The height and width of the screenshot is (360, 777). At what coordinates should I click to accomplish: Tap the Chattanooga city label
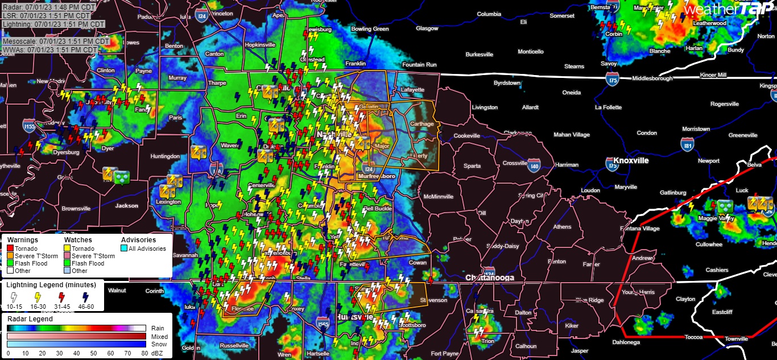coord(489,278)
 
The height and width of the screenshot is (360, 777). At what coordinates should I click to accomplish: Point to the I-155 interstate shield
coord(29,126)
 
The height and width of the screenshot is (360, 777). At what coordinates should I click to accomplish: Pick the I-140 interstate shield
coord(534,166)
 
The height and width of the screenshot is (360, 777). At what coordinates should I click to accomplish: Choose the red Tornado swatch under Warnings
coord(10,249)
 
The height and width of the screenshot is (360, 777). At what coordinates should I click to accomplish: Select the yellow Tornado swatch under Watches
coord(67,249)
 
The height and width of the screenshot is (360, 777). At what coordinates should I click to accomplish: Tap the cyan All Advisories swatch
coord(124,249)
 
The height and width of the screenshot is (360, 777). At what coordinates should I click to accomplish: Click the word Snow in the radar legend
coord(159,344)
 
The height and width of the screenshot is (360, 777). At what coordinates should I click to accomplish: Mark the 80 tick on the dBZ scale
coord(144,354)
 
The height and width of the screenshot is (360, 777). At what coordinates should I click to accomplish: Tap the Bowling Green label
coord(370,29)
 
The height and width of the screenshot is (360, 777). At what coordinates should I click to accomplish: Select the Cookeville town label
coord(467,136)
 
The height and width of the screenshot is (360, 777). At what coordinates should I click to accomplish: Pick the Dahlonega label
coord(626,342)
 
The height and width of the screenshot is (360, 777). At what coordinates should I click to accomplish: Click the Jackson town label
coord(126,206)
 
